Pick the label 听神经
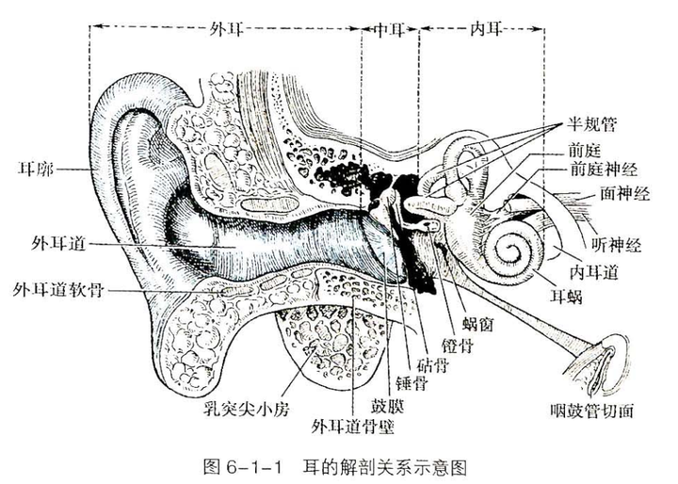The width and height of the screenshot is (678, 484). pos(618,246)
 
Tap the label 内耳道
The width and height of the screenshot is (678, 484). pos(593,272)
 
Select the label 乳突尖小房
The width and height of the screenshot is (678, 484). pos(237,411)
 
